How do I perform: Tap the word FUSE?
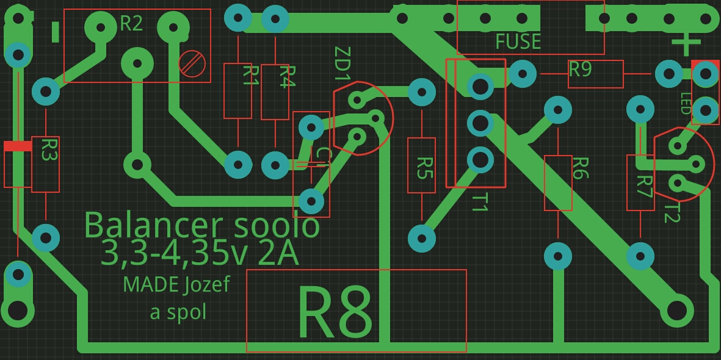518,41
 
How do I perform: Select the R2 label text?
131,24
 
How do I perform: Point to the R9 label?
580,69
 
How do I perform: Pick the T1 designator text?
480,202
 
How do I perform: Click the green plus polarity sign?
686,43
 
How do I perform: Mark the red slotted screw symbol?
192,63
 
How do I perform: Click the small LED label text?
686,104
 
